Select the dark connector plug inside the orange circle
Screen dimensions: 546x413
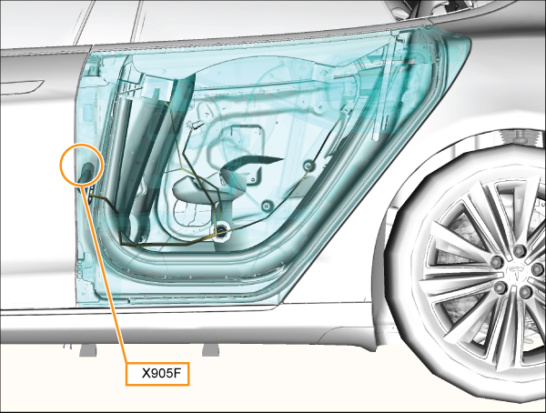click(x=86, y=172)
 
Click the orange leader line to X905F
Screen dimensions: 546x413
click(x=104, y=275)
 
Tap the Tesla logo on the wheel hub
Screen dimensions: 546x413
click(x=517, y=272)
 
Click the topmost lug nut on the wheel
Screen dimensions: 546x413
click(x=520, y=250)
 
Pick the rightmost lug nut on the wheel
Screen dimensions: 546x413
click(x=538, y=268)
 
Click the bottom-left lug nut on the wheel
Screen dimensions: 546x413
click(x=501, y=287)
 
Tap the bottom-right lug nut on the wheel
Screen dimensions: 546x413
click(x=527, y=292)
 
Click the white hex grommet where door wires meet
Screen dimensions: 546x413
click(x=221, y=230)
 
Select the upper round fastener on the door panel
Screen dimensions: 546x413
click(x=308, y=165)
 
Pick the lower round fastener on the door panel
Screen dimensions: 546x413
click(x=266, y=206)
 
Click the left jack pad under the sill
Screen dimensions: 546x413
click(x=87, y=350)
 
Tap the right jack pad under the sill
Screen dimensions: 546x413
click(x=211, y=350)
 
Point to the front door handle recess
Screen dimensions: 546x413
click(x=22, y=87)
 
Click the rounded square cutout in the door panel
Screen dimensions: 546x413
click(x=246, y=140)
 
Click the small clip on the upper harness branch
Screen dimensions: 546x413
click(x=196, y=125)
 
